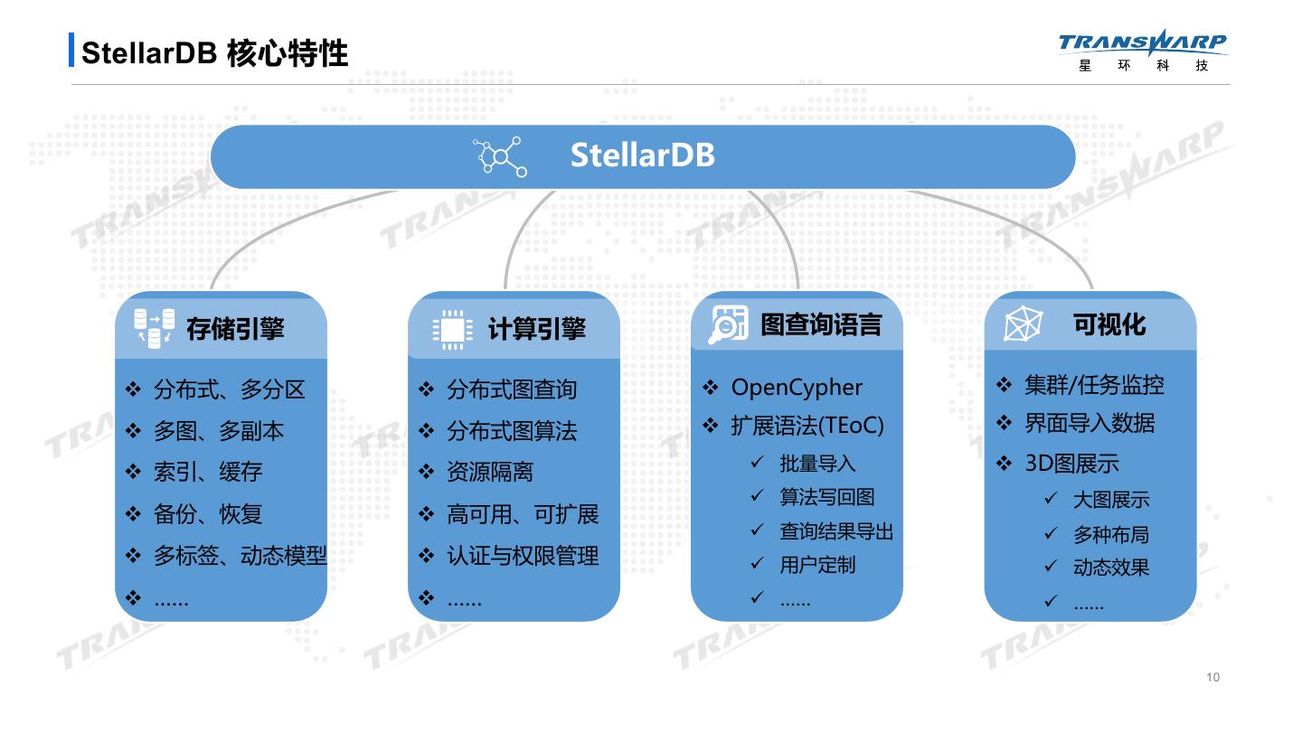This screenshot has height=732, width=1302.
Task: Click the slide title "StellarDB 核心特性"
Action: point(214,52)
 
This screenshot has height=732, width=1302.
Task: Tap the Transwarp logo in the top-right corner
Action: point(1143,51)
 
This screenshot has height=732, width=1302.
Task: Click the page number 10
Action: point(1212,677)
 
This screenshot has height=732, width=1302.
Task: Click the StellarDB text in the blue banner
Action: point(642,155)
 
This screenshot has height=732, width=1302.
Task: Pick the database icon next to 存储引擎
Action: point(155,328)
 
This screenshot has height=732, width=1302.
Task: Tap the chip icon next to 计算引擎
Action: point(452,330)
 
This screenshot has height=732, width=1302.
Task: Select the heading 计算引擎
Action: point(537,330)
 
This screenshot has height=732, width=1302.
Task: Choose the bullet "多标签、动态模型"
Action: point(240,556)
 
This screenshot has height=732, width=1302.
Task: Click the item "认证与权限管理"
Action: point(523,556)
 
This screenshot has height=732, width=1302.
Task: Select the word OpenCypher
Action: point(797,388)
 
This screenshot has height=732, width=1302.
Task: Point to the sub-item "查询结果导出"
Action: point(836,531)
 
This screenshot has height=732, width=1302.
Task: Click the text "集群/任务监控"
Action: point(1094,385)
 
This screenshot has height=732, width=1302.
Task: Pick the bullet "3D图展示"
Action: point(1071,464)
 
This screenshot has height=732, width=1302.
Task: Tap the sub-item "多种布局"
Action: point(1110,534)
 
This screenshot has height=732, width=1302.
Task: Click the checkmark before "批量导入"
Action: point(758,463)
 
